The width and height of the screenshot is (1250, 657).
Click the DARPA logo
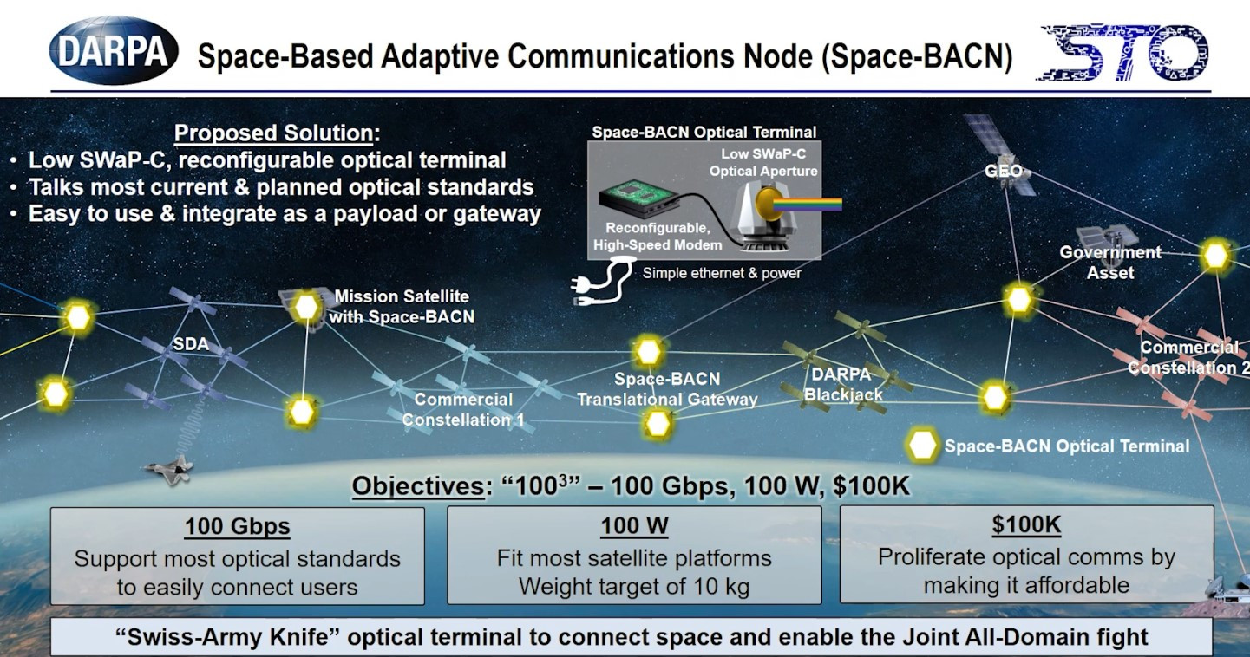point(114,50)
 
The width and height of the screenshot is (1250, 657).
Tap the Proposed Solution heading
point(277,133)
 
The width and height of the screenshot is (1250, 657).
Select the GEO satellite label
point(1003,171)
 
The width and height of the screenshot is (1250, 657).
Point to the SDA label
point(191,344)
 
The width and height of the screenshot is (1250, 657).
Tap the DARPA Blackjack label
point(842,385)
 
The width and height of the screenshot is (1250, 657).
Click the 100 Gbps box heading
point(237,526)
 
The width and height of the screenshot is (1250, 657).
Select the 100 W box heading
point(633,526)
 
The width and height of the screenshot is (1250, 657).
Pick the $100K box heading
point(1026,524)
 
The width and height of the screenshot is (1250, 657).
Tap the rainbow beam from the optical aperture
point(812,205)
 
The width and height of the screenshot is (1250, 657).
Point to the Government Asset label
point(1109,262)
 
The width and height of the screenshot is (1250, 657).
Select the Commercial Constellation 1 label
point(462,410)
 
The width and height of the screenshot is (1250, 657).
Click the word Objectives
point(416,486)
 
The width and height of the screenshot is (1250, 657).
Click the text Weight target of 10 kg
point(633,586)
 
